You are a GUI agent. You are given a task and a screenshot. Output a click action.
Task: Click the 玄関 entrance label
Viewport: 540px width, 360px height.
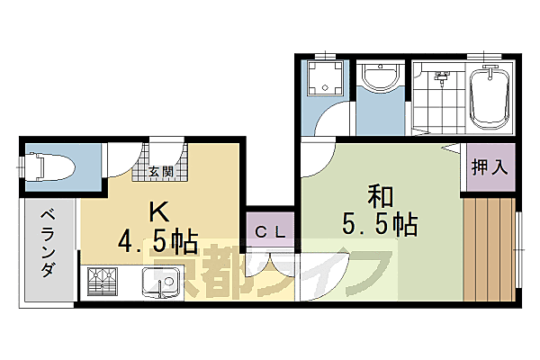(x=162, y=171)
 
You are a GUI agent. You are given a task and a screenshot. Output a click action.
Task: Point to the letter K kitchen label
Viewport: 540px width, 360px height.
(x=158, y=212)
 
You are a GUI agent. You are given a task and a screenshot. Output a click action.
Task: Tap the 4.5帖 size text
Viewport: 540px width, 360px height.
(x=158, y=241)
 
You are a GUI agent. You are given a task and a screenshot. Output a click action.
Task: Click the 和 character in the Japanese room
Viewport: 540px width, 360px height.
(x=378, y=195)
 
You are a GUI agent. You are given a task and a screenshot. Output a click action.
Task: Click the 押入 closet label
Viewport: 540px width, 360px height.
(x=490, y=166)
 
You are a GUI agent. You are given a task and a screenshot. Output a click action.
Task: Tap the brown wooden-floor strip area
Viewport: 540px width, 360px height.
(x=490, y=247)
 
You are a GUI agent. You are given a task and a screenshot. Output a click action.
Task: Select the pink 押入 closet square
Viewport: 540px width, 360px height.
(x=490, y=166)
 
